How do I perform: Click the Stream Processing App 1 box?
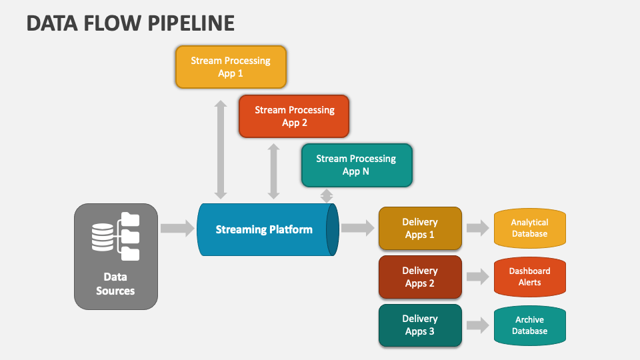click(x=231, y=67)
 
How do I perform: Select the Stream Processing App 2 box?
click(x=294, y=116)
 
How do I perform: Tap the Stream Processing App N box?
click(x=357, y=165)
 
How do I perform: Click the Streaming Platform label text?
click(x=264, y=230)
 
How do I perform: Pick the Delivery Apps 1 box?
click(x=420, y=228)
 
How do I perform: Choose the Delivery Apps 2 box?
click(x=420, y=277)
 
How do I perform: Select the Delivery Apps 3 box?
click(x=420, y=325)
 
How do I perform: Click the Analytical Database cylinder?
click(x=530, y=228)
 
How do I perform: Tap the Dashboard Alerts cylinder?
click(x=530, y=277)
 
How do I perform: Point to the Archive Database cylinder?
click(x=530, y=325)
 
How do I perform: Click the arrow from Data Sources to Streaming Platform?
click(x=177, y=228)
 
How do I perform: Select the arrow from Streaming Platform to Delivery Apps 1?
click(x=357, y=228)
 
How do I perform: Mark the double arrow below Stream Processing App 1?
click(x=221, y=149)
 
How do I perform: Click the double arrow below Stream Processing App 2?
click(x=273, y=171)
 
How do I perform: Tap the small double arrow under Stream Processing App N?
click(x=327, y=195)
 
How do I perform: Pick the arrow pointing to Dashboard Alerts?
click(x=477, y=277)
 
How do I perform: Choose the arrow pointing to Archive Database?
click(x=477, y=325)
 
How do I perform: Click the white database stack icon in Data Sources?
click(x=103, y=237)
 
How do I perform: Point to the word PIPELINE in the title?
click(x=191, y=23)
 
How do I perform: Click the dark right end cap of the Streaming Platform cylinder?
click(x=332, y=230)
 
